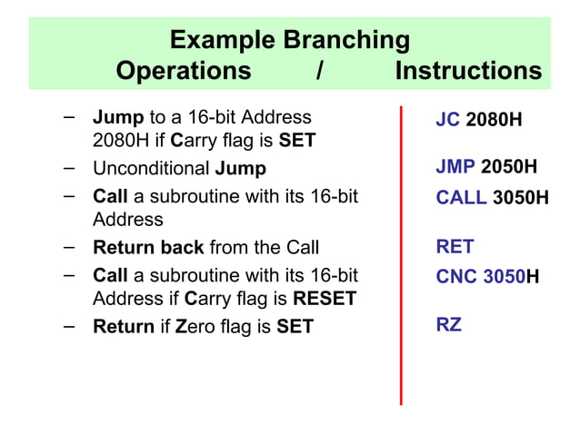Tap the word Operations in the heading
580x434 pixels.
coord(184,71)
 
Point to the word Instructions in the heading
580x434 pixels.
coord(468,71)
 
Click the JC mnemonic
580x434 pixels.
coord(448,120)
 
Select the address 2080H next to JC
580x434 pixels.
coord(494,120)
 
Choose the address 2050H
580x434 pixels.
coord(509,168)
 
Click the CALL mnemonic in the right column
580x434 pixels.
coord(462,198)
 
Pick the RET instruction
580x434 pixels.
coord(455,246)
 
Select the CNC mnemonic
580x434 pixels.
coord(457,276)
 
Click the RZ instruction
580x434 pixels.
coord(449,324)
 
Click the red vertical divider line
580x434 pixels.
coord(401,254)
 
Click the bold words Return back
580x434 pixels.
coord(149,248)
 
